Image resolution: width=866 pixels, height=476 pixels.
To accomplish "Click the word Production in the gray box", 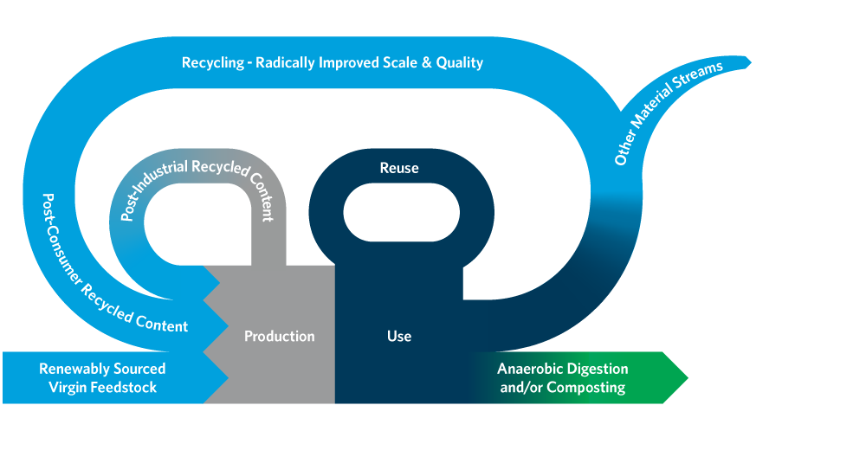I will click(279, 336).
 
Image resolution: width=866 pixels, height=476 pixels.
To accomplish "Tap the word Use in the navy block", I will click(399, 336).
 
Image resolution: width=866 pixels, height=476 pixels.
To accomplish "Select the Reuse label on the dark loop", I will click(399, 168).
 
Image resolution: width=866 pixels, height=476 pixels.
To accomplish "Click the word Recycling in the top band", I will click(213, 62).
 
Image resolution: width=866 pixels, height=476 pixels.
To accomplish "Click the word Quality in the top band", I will click(458, 62).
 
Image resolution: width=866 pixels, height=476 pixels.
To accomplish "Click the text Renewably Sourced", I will click(102, 369).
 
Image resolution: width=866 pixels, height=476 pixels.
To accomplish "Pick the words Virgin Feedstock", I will click(102, 387).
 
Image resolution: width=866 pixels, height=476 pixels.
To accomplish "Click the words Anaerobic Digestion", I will click(563, 369).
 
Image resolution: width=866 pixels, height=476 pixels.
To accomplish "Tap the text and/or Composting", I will click(563, 387).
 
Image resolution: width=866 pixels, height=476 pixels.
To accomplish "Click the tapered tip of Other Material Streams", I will click(748, 62).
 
